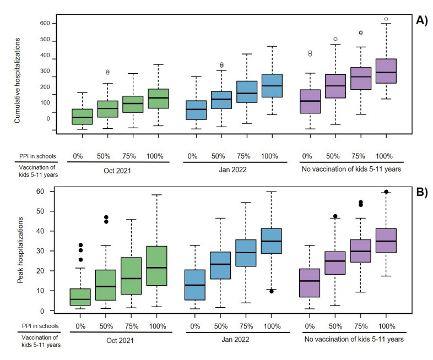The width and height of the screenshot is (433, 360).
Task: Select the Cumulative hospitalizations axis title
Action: pyautogui.click(x=18, y=80)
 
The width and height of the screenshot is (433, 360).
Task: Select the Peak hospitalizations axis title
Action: pyautogui.click(x=20, y=250)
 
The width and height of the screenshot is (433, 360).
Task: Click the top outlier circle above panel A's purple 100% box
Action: pyautogui.click(x=386, y=19)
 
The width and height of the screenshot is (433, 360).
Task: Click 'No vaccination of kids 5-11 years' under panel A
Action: pyautogui.click(x=351, y=170)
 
